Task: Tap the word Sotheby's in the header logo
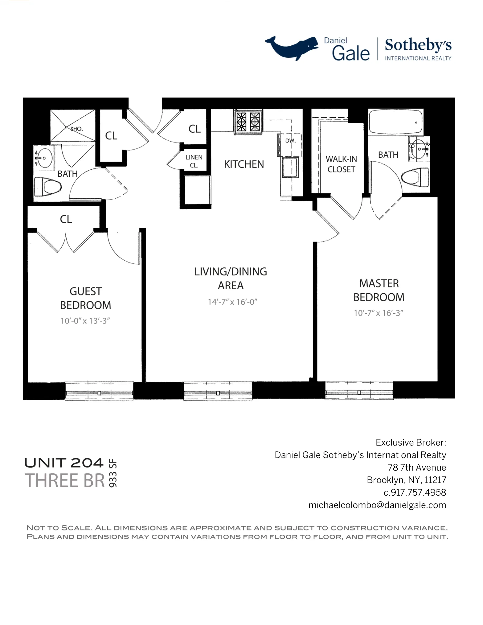418,45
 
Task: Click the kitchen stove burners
248,122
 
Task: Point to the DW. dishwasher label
290,141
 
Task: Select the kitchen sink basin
290,168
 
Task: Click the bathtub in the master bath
395,122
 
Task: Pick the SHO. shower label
77,129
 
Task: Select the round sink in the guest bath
45,158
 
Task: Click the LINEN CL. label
194,161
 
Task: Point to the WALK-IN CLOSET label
341,164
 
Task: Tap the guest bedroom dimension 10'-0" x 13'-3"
85,321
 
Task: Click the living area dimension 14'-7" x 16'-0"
232,302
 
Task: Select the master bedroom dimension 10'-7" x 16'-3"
379,313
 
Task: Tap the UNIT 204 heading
64,463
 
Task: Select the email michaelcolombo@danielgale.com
377,505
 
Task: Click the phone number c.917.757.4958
415,493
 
